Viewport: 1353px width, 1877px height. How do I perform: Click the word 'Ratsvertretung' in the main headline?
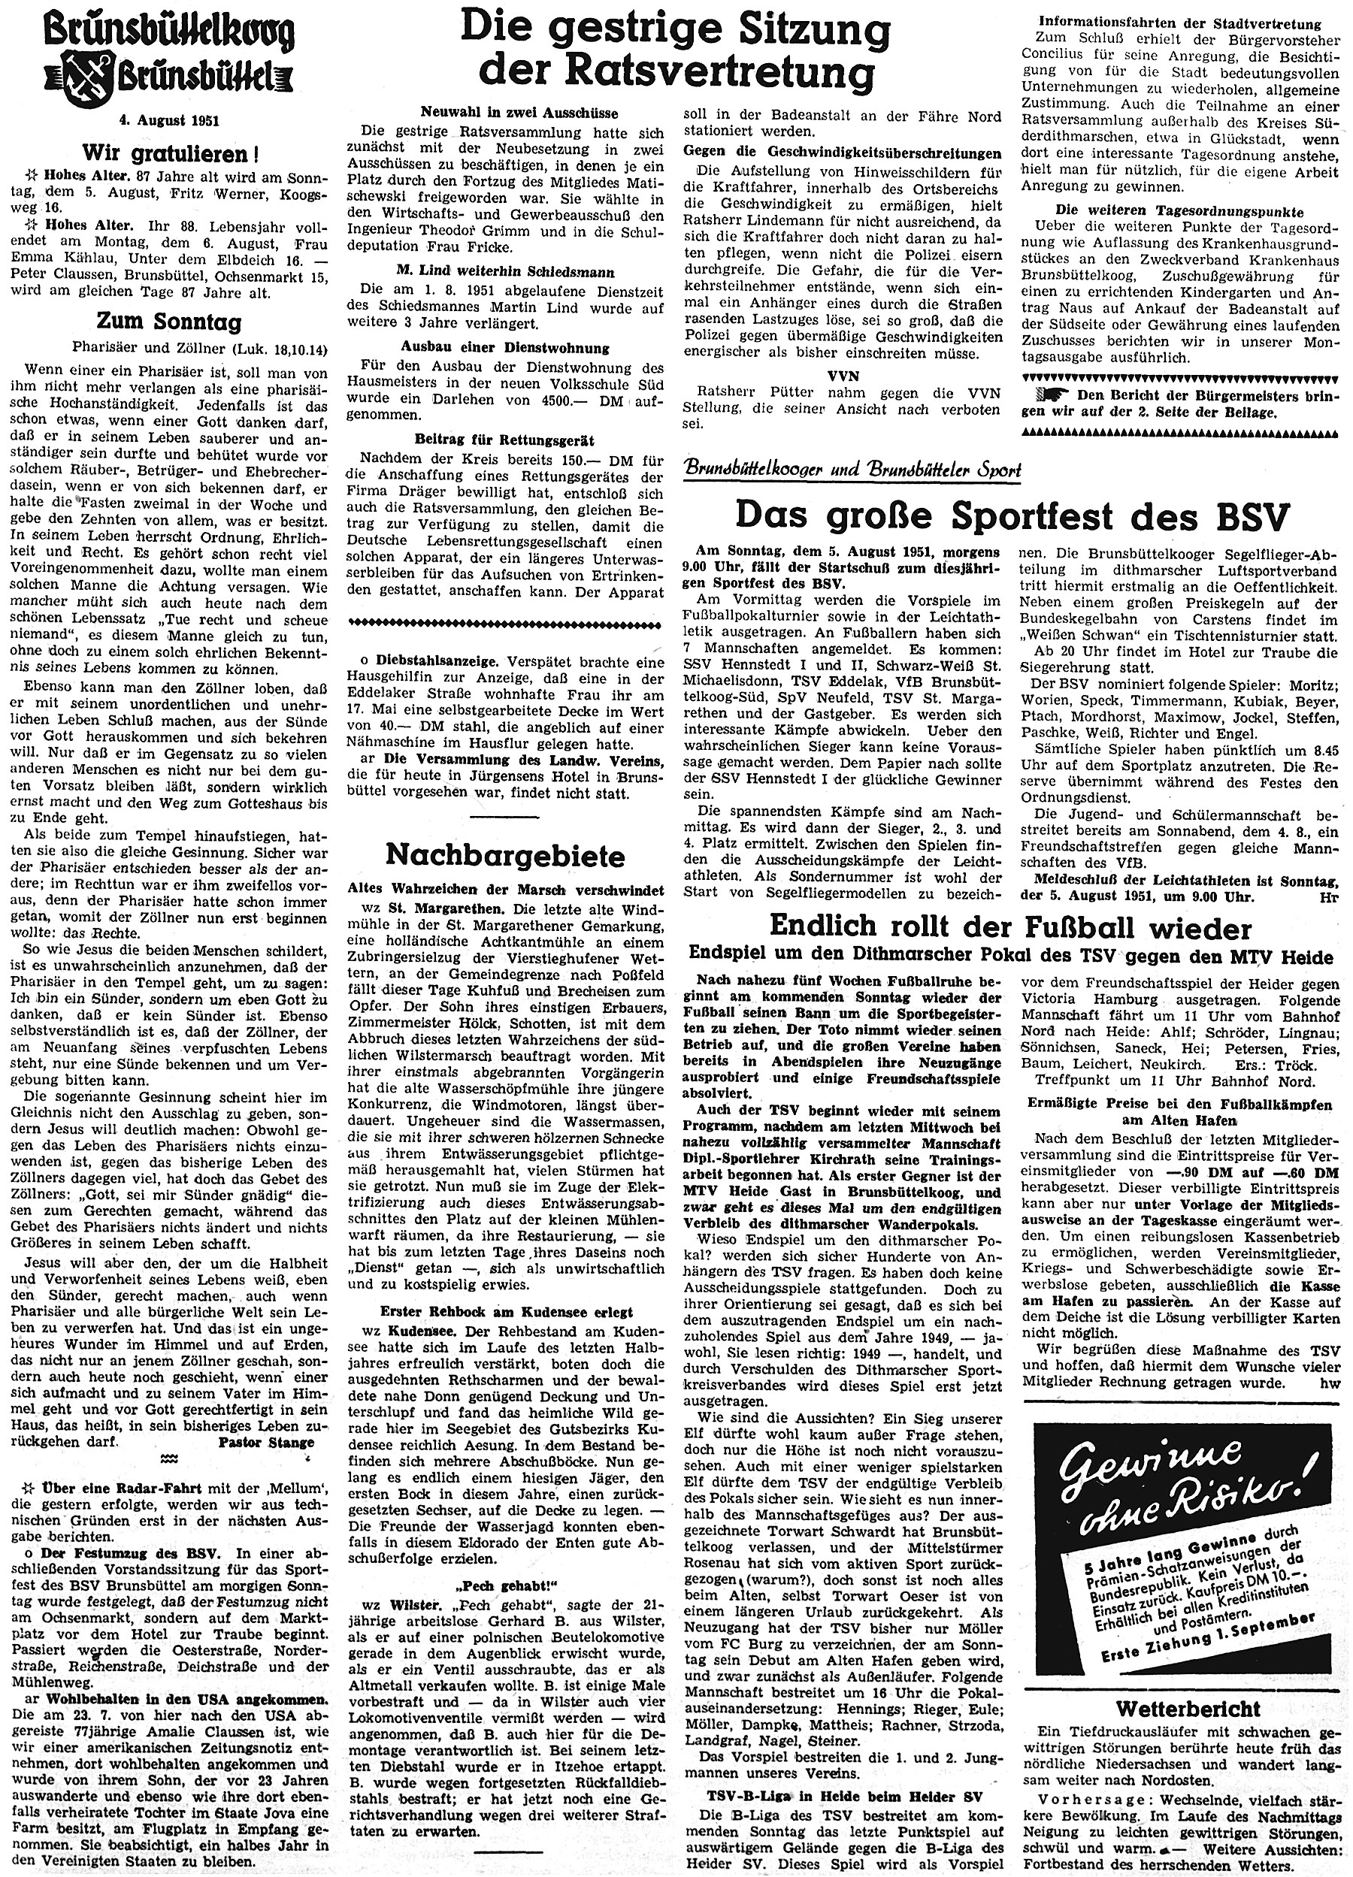pyautogui.click(x=676, y=73)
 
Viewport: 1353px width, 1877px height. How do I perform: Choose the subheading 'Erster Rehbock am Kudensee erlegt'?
pyautogui.click(x=507, y=1312)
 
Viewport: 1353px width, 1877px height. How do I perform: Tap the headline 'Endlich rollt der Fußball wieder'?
pyautogui.click(x=1011, y=925)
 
